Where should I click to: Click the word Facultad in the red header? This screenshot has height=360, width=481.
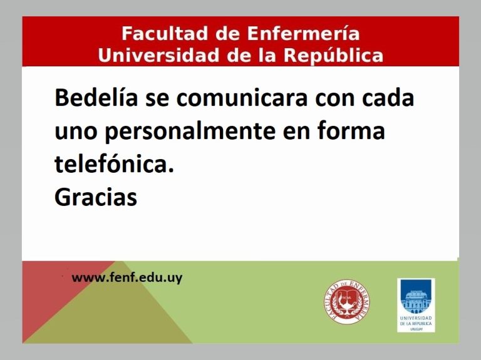click(x=165, y=33)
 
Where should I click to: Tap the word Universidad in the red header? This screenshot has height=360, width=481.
click(x=158, y=55)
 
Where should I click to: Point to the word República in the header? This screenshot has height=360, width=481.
click(x=333, y=55)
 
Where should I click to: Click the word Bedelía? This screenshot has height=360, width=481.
click(x=96, y=97)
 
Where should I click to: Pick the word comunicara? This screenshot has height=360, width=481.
click(x=242, y=98)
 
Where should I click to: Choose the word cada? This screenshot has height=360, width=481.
click(x=388, y=97)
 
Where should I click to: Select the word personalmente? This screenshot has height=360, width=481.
click(x=190, y=131)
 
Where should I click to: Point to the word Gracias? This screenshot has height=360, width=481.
click(x=96, y=197)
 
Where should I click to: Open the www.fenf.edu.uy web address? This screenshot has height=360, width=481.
click(x=127, y=278)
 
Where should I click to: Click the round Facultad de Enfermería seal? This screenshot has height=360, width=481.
click(x=347, y=302)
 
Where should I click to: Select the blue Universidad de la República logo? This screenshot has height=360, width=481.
click(x=416, y=305)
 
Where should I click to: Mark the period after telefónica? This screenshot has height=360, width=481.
click(x=171, y=170)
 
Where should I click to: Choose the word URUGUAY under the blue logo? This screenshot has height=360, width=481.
click(x=416, y=329)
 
